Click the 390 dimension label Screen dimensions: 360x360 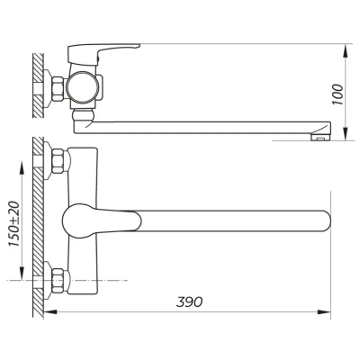click(189, 301)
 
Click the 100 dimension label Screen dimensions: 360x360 click(338, 94)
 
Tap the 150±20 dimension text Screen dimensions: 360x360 click(13, 223)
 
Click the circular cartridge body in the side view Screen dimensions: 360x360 click(83, 87)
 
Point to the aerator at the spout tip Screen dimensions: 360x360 click(319, 137)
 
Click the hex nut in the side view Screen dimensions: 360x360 click(58, 88)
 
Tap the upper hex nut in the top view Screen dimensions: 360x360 click(58, 161)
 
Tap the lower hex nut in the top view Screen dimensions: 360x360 click(58, 281)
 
